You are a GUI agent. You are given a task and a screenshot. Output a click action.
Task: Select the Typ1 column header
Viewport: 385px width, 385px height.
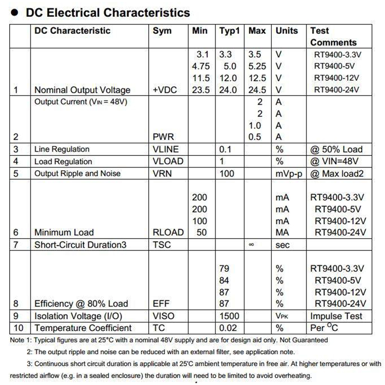[229, 31]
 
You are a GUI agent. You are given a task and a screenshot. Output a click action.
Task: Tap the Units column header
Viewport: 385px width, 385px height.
[287, 31]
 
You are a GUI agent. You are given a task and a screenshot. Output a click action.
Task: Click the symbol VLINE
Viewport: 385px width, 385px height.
[166, 149]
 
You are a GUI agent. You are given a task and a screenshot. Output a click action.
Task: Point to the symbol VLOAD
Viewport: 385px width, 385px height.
[167, 161]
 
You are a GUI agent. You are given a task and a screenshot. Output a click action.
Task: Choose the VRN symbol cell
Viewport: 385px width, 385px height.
[162, 173]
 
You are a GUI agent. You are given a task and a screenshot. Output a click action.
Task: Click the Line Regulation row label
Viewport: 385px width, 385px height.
[62, 149]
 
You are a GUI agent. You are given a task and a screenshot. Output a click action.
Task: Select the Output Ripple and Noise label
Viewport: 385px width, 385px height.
[77, 173]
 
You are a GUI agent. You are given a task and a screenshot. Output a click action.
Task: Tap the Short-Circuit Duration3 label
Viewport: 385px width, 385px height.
[80, 244]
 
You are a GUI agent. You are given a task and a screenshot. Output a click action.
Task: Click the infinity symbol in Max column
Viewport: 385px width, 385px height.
[250, 245]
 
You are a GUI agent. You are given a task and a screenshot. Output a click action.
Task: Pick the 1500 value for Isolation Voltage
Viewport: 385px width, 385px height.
[230, 316]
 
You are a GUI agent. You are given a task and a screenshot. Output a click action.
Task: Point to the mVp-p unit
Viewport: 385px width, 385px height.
[288, 174]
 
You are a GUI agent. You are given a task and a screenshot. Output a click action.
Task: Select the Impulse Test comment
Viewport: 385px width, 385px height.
[336, 316]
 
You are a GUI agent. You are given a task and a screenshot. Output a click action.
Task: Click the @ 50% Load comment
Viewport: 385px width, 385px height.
[336, 149]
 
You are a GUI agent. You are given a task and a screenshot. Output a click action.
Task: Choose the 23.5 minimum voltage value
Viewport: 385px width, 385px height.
[200, 90]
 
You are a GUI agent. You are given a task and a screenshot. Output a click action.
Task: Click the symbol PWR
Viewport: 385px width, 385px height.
[162, 137]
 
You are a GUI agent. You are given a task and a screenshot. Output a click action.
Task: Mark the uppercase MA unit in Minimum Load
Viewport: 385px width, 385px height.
[282, 232]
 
